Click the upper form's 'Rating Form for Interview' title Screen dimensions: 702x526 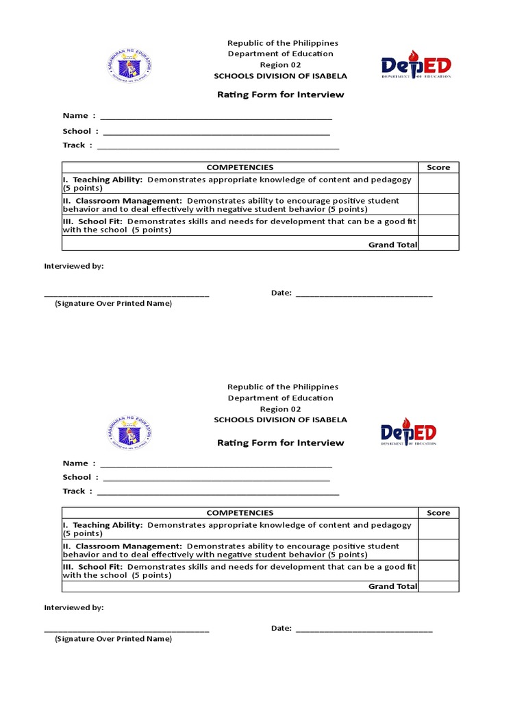click(280, 95)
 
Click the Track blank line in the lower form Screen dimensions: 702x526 click(218, 492)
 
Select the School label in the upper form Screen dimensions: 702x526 click(77, 131)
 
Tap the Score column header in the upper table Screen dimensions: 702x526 click(438, 167)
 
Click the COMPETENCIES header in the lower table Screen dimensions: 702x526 click(240, 513)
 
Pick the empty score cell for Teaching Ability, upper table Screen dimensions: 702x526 click(438, 183)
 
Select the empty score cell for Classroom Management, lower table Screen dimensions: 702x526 click(438, 550)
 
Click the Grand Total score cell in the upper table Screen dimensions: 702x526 click(438, 244)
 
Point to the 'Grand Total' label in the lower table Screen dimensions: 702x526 click(392, 586)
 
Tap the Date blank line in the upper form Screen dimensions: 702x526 click(364, 294)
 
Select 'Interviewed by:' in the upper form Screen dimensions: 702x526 click(74, 265)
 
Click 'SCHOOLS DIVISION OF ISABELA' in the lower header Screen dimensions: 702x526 click(280, 420)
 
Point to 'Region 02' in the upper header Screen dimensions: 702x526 click(280, 64)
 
